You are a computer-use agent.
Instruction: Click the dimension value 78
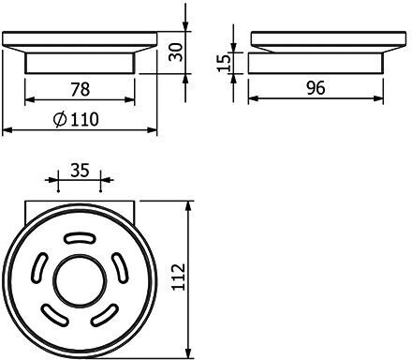(x=81, y=89)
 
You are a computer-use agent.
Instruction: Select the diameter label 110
(x=84, y=119)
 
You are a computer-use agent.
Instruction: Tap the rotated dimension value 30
(x=175, y=52)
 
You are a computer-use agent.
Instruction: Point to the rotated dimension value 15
(x=224, y=63)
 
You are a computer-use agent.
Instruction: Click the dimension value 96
(x=316, y=88)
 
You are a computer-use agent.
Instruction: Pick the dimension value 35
(x=80, y=171)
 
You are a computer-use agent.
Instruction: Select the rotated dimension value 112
(x=179, y=277)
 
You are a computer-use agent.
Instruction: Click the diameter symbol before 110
(x=60, y=120)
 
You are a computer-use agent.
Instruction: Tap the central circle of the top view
(x=80, y=281)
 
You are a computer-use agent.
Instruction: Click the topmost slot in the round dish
(x=80, y=238)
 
